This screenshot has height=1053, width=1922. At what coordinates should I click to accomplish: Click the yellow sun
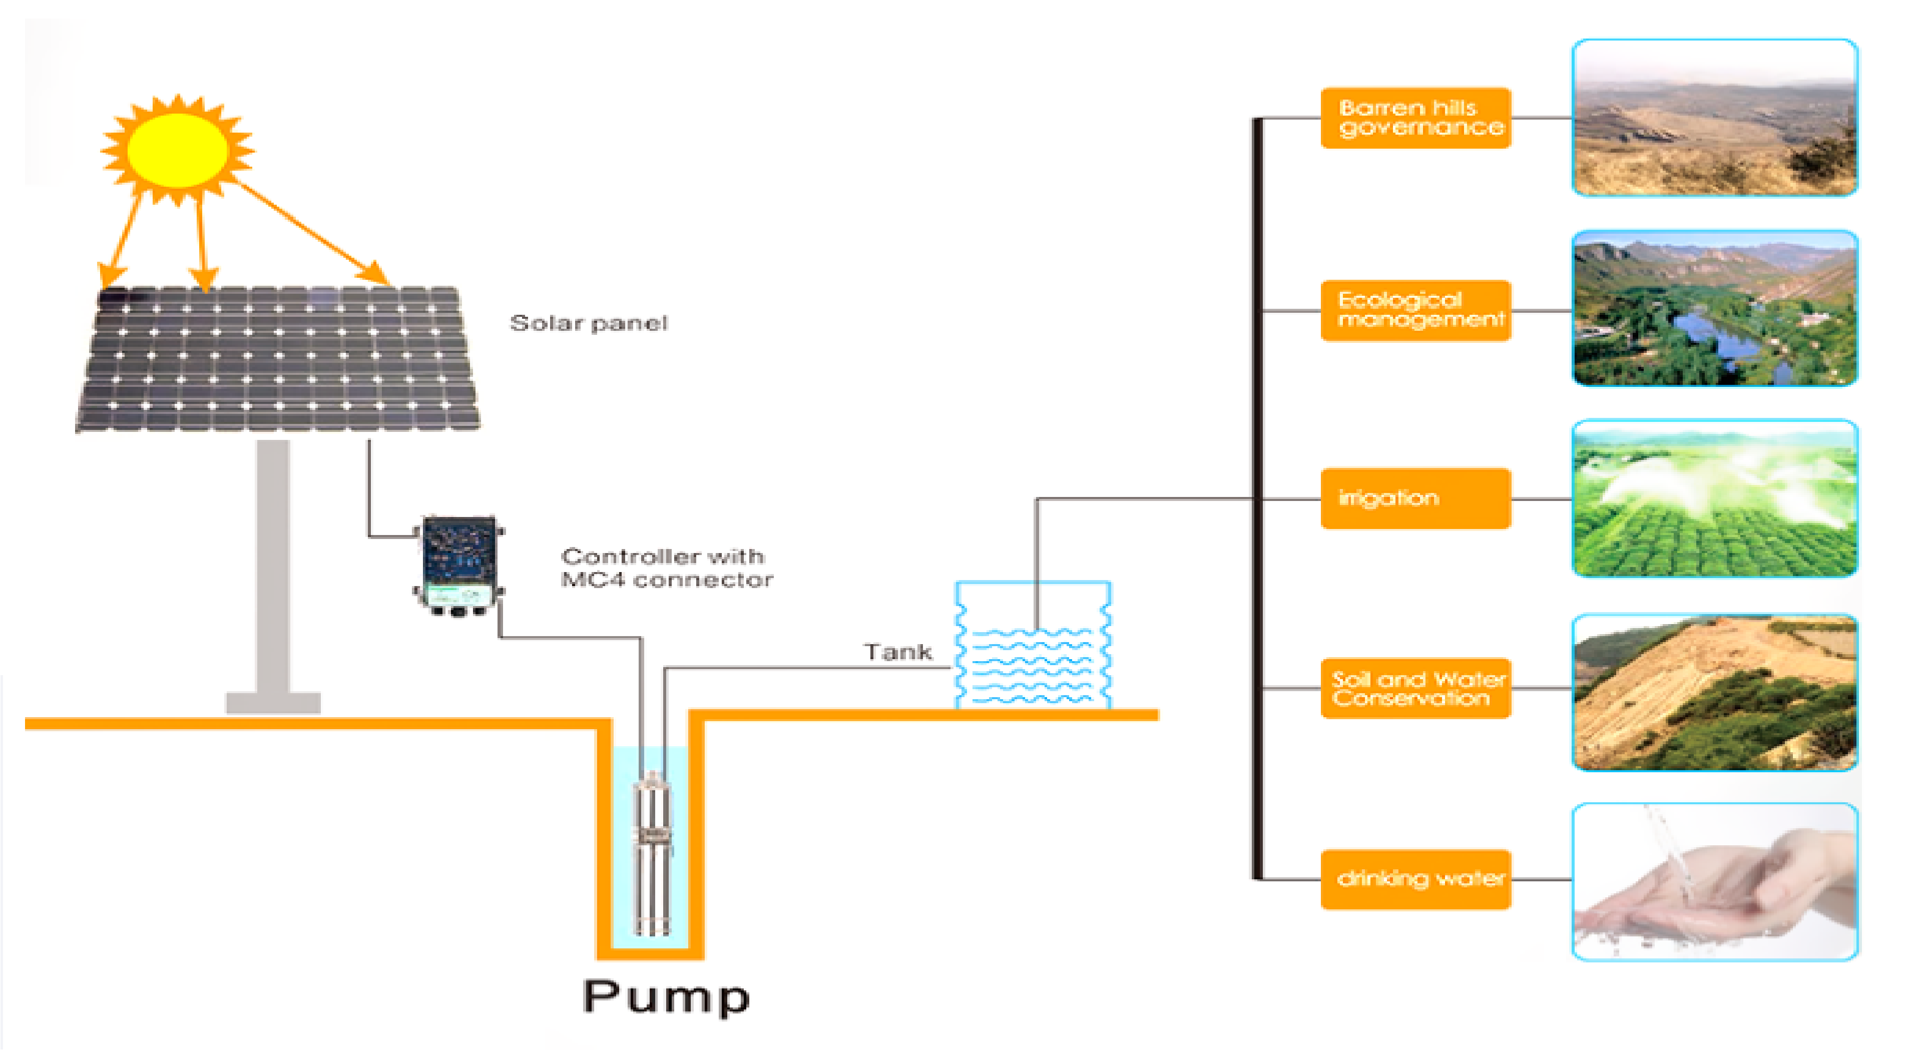178,150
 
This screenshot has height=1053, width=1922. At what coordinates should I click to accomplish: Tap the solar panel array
278,359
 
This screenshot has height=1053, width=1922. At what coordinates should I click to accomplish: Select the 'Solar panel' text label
589,323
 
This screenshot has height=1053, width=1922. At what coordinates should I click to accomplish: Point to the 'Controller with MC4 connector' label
666,568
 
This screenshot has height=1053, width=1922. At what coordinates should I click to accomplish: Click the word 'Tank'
897,652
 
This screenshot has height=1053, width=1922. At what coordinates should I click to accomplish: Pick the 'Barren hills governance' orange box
1415,118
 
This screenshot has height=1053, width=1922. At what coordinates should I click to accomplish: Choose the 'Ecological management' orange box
1415,310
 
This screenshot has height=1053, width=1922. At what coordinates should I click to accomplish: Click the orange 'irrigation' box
1415,498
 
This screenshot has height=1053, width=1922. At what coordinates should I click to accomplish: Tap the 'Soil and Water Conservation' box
1415,688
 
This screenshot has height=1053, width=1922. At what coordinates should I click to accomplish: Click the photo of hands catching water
1714,881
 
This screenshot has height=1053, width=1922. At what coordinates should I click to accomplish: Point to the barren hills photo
1714,118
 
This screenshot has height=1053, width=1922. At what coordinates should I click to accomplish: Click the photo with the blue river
1714,308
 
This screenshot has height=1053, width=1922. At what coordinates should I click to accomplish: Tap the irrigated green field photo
1714,498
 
